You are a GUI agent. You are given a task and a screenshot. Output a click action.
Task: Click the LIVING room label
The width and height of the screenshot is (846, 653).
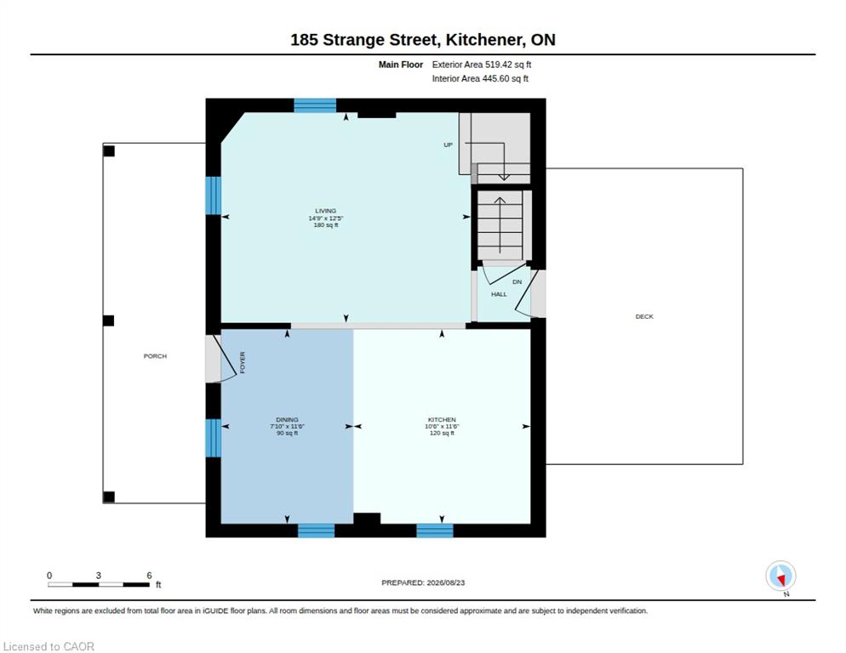(326, 211)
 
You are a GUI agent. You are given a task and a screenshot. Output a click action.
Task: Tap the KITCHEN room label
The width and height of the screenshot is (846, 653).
(442, 419)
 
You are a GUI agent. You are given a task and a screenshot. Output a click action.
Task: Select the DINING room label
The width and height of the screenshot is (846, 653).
(287, 419)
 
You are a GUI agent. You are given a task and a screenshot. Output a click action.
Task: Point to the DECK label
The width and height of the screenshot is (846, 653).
(644, 316)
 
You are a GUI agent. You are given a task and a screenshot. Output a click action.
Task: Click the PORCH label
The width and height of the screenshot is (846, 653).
(155, 356)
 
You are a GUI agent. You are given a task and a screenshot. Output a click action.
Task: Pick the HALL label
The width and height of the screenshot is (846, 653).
(499, 294)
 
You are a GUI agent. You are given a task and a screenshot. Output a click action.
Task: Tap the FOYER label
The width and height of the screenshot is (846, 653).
(243, 362)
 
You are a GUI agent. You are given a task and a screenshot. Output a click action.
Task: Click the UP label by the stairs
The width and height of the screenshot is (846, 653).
(448, 145)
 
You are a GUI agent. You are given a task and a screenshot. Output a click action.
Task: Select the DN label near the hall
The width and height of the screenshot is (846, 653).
(517, 282)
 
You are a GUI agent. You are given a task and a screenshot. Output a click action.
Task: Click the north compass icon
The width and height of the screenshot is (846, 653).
(780, 576)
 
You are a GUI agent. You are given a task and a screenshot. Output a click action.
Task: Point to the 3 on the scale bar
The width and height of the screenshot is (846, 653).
(98, 576)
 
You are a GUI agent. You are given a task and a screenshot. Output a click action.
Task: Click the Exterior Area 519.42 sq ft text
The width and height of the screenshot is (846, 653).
(481, 65)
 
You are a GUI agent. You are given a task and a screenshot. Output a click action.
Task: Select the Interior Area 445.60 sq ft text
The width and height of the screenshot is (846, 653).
(480, 79)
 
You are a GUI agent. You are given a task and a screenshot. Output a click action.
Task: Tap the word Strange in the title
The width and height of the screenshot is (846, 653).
(354, 40)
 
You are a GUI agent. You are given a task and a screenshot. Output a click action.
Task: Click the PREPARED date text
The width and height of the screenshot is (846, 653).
(423, 583)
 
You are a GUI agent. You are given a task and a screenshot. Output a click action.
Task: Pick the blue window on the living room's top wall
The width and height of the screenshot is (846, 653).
(315, 105)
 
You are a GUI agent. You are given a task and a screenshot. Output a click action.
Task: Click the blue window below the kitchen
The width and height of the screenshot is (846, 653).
(435, 531)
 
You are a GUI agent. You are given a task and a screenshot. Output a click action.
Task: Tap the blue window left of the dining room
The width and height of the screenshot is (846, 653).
(214, 438)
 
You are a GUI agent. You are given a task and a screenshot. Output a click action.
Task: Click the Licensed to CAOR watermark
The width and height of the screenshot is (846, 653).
(49, 646)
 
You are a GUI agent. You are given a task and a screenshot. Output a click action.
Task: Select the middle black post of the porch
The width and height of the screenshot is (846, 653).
(108, 321)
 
